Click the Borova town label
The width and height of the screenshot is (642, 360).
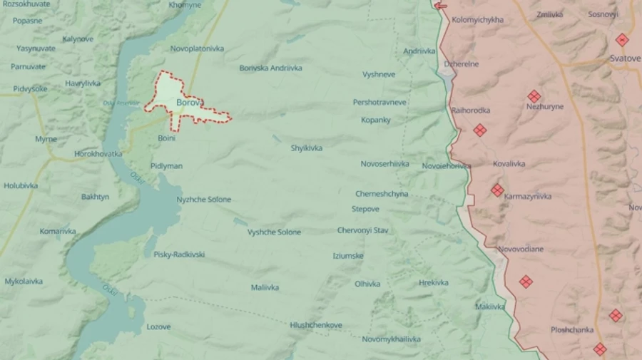[188, 102]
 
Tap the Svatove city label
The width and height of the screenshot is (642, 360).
[625, 58]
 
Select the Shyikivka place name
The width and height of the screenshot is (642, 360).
[306, 148]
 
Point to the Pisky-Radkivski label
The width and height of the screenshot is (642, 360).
[179, 254]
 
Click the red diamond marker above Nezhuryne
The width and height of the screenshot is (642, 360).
[534, 96]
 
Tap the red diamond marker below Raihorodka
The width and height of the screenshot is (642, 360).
[480, 130]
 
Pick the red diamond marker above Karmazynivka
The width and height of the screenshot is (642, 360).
[497, 190]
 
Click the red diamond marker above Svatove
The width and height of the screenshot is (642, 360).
[622, 40]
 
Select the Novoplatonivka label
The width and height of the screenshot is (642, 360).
[197, 48]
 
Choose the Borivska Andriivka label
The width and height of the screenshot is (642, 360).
[270, 68]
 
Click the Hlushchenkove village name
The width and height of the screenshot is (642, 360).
[316, 325]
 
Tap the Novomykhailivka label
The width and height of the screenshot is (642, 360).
[391, 339]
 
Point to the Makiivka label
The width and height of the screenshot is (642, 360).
[490, 307]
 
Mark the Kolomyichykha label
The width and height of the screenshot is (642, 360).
[477, 20]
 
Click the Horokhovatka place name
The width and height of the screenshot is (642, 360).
[98, 153]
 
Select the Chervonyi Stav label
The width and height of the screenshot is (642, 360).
[362, 230]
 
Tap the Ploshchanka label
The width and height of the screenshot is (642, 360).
[572, 330]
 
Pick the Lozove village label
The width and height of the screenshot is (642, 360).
[158, 326]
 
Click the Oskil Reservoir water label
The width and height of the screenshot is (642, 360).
[119, 103]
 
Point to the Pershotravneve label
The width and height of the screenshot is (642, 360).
[379, 102]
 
